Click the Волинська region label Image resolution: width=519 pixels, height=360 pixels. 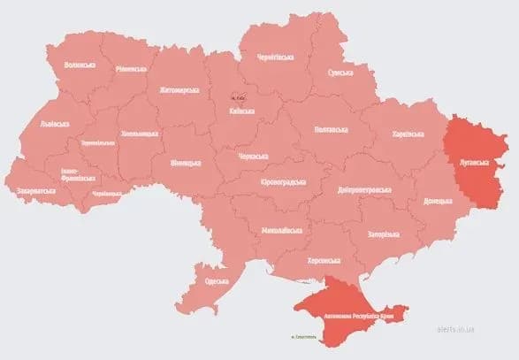80,65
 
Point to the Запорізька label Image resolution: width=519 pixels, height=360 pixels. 385,234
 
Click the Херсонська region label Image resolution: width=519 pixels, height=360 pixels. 324,261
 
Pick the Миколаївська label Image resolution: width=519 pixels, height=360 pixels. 282,231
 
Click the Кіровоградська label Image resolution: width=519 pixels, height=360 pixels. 282,181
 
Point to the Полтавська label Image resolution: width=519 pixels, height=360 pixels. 331,129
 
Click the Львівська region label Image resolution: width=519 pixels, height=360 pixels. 55,124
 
